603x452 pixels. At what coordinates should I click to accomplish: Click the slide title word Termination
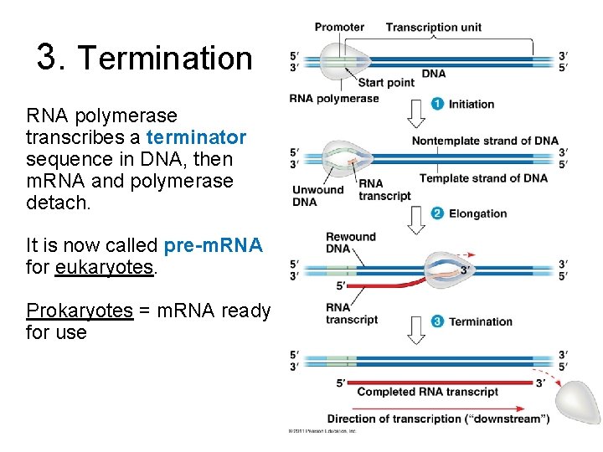pyautogui.click(x=164, y=59)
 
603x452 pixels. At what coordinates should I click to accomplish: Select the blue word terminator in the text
pyautogui.click(x=196, y=137)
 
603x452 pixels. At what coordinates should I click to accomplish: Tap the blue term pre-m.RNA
pyautogui.click(x=214, y=245)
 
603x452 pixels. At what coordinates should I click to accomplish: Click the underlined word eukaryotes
pyautogui.click(x=104, y=267)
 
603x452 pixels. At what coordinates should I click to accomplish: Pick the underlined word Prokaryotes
pyautogui.click(x=80, y=311)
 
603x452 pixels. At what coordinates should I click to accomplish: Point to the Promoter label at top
pyautogui.click(x=339, y=27)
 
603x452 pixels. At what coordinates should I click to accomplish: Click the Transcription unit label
pyautogui.click(x=433, y=27)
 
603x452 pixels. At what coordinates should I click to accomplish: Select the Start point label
pyautogui.click(x=386, y=82)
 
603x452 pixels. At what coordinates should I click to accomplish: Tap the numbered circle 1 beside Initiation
pyautogui.click(x=437, y=104)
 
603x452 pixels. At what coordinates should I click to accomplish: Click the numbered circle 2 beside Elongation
pyautogui.click(x=437, y=213)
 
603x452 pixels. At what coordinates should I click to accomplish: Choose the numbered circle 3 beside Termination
pyautogui.click(x=437, y=321)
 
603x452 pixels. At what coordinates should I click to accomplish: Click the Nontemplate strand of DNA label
pyautogui.click(x=484, y=141)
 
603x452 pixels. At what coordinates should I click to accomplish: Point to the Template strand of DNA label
pyautogui.click(x=483, y=177)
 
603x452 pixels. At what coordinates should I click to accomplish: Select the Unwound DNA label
pyautogui.click(x=317, y=195)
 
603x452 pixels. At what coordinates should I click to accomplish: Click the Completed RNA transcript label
pyautogui.click(x=427, y=392)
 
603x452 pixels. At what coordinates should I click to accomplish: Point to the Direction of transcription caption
pyautogui.click(x=438, y=419)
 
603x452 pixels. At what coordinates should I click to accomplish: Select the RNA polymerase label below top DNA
pyautogui.click(x=333, y=98)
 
